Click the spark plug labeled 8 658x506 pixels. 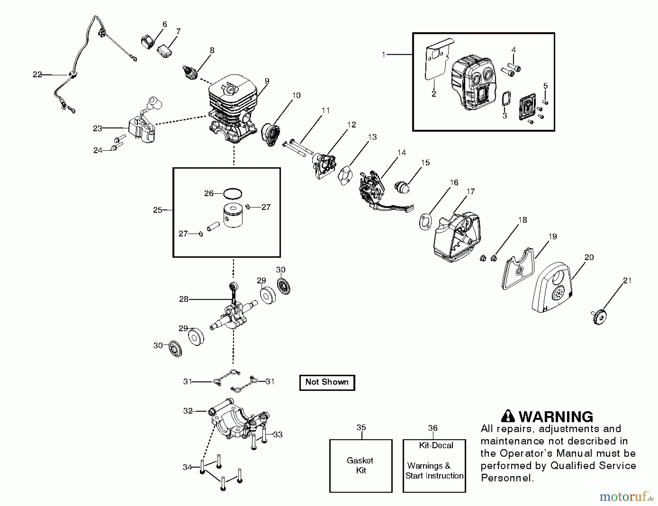(190, 71)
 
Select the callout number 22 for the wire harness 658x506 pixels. (37, 75)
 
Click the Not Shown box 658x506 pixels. (327, 382)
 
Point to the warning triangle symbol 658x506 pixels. (508, 416)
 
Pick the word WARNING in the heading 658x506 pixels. (556, 417)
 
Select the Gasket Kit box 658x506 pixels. (360, 465)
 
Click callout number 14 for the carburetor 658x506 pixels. (401, 152)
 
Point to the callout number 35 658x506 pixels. (361, 427)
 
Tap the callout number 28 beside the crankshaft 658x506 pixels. (184, 299)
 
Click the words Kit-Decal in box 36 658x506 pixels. (436, 445)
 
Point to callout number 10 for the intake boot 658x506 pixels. (296, 95)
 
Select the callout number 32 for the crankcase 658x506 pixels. (188, 411)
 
